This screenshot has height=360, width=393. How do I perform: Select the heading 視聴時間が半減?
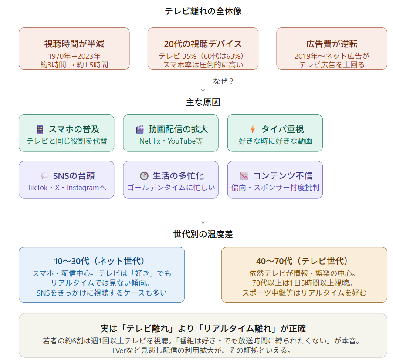pos(74,44)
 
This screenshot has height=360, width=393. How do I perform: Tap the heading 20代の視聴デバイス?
pos(203,44)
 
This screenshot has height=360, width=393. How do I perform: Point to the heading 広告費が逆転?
pos(332,44)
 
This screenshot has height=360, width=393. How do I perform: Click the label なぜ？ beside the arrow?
pos(224,81)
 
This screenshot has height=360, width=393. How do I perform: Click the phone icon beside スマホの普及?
pos(40,129)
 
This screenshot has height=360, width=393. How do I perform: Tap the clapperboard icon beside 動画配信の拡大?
pos(140,129)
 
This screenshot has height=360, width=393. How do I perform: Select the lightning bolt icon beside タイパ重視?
pos(252,129)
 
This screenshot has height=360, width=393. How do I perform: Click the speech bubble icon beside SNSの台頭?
pos(44,176)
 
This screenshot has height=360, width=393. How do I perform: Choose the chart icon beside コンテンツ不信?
pos(244,176)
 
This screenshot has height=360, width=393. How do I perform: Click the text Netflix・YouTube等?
pos(171,141)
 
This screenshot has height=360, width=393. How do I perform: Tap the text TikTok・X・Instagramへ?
pos(67,188)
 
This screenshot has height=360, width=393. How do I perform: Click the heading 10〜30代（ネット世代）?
pos(102,261)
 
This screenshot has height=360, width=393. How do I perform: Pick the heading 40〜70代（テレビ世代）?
pos(304,261)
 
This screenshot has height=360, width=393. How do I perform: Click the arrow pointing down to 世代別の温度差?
pos(203,215)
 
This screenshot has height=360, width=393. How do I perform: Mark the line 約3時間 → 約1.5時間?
pos(74,64)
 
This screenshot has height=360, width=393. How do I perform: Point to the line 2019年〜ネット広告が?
pos(332,56)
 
